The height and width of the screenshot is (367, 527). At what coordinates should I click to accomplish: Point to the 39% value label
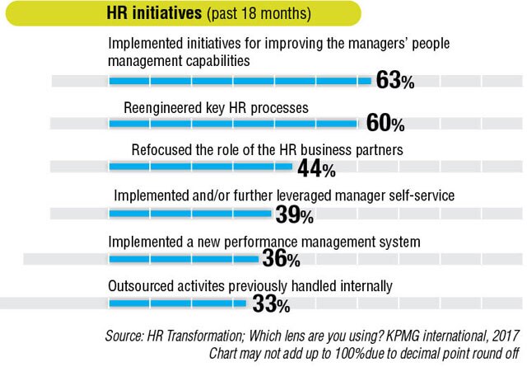pyautogui.click(x=294, y=215)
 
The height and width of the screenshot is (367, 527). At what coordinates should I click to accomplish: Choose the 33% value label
pyautogui.click(x=270, y=305)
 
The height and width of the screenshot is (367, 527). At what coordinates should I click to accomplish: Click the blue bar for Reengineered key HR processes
pyautogui.click(x=233, y=124)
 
